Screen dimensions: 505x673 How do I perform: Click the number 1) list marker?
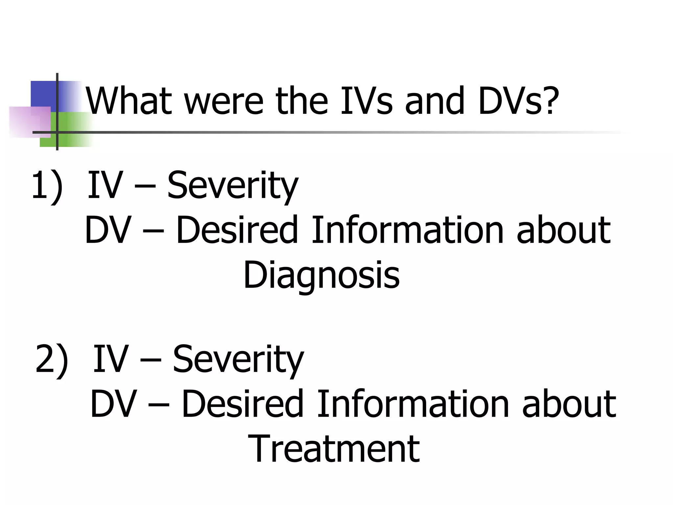click(x=47, y=186)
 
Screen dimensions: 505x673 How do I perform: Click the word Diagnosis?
click(x=321, y=275)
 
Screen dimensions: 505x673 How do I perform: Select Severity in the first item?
click(x=233, y=186)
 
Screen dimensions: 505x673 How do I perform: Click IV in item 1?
click(x=105, y=186)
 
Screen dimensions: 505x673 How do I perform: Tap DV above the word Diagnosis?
click(x=108, y=230)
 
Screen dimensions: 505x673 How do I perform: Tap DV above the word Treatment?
click(x=113, y=404)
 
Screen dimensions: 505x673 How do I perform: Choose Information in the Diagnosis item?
click(x=407, y=230)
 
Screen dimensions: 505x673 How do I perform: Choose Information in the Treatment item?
click(x=413, y=404)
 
